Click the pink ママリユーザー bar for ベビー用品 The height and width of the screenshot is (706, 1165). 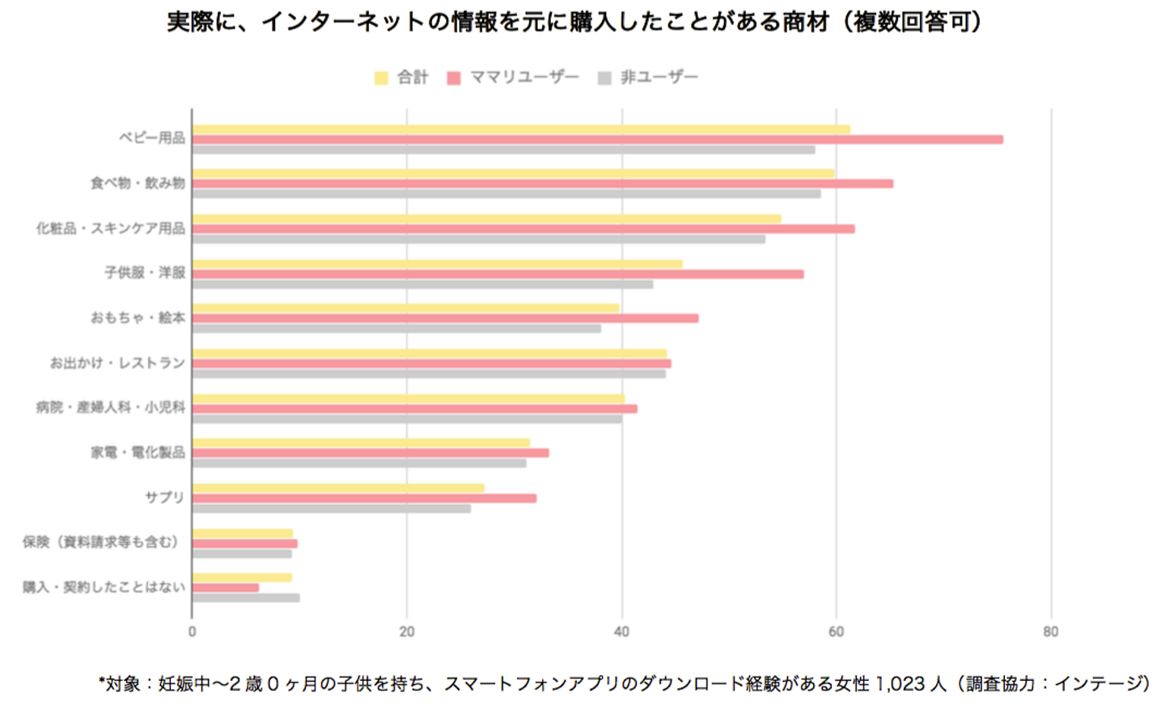coord(597,140)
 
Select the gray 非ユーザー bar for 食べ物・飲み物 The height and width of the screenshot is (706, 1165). coord(506,194)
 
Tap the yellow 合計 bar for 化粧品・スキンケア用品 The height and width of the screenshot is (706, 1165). coord(485,218)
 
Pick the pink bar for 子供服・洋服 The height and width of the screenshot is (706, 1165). coord(498,274)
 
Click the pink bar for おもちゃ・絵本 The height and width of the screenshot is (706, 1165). coord(445,319)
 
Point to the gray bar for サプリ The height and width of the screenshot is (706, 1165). coord(331,509)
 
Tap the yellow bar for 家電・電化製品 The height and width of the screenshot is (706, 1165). coord(360,442)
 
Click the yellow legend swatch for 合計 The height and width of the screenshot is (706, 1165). coord(381,78)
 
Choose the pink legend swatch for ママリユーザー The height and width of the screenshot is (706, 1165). coord(454,78)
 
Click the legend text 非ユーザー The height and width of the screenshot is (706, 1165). coord(659,78)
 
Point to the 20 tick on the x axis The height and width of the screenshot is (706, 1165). coord(406,632)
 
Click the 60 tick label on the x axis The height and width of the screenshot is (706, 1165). coord(836,632)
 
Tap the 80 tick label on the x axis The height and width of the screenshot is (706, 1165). coord(1050,632)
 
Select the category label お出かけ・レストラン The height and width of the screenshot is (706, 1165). coord(117,363)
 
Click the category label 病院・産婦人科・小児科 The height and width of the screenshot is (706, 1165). coord(110,408)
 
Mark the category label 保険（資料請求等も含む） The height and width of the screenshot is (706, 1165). coord(101,542)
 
